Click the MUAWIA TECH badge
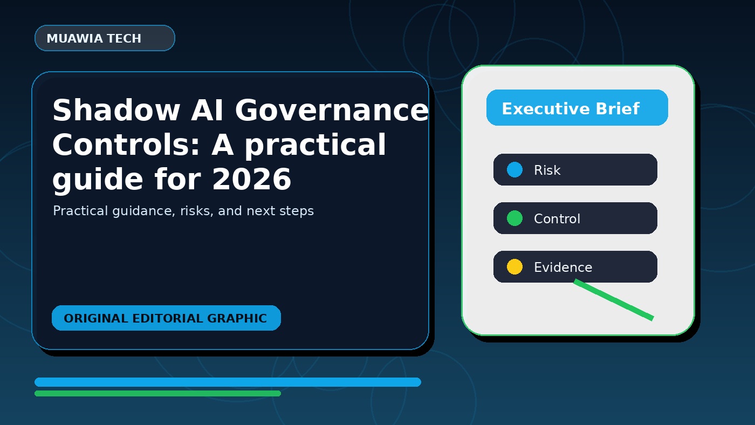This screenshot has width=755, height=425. tap(105, 38)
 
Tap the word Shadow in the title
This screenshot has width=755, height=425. tap(116, 110)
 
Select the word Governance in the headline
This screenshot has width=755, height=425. tap(332, 110)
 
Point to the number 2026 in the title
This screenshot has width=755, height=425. tap(252, 179)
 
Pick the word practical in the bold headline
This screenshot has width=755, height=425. tap(315, 146)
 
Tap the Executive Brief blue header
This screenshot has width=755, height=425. tap(577, 108)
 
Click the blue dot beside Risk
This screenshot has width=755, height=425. tap(514, 169)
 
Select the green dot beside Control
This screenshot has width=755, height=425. tap(514, 218)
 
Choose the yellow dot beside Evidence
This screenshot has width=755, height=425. tap(514, 266)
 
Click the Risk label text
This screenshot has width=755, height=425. tap(547, 170)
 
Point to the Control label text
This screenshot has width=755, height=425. tap(557, 219)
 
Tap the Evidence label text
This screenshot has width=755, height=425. tap(563, 268)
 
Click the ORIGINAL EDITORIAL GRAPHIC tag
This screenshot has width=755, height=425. tap(166, 318)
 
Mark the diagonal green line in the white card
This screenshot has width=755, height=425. tap(614, 300)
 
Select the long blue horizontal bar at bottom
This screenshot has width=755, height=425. tap(228, 382)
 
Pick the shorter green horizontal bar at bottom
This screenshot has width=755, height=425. tap(157, 393)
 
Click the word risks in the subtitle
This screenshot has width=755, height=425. tap(197, 211)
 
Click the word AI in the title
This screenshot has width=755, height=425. tap(207, 110)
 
